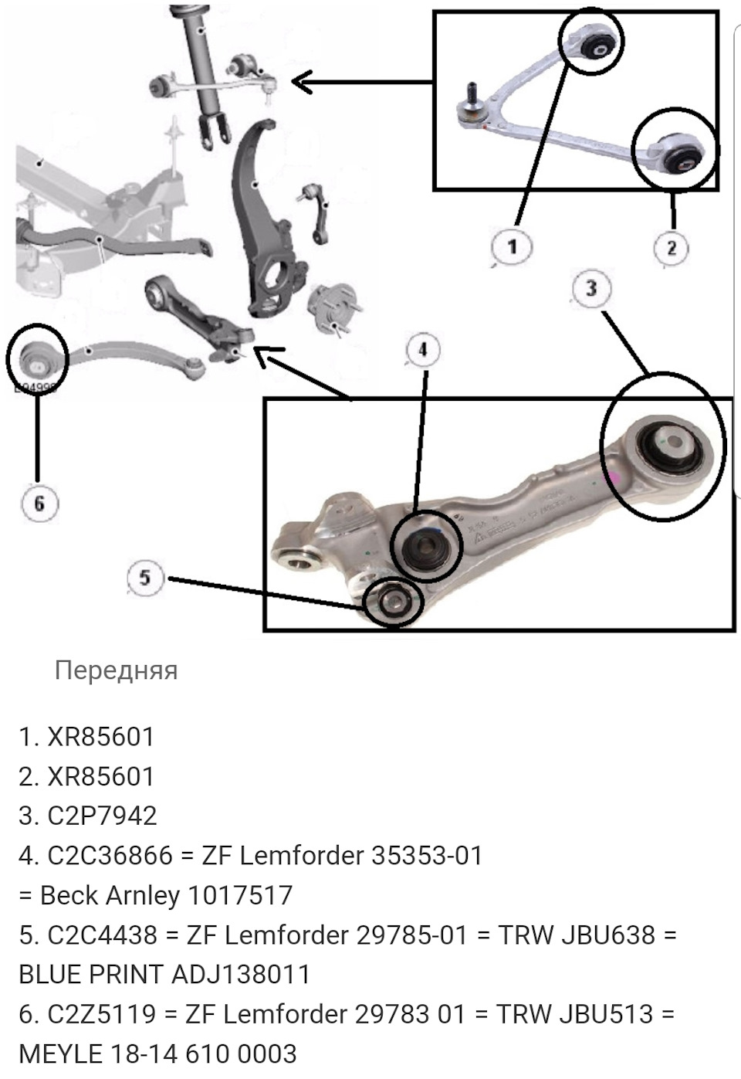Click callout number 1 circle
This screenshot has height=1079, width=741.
click(513, 247)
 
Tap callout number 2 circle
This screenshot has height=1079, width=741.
click(671, 248)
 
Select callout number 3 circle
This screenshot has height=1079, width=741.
click(591, 289)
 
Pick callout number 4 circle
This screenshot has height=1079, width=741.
click(422, 351)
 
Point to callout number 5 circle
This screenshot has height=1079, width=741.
click(146, 577)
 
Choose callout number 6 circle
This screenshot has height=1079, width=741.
click(39, 504)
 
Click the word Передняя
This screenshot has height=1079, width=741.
click(116, 670)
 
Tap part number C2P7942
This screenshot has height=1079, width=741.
click(102, 816)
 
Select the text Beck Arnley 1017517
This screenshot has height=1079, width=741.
click(166, 895)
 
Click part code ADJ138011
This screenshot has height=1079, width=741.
click(240, 974)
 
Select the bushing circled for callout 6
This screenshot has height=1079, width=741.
click(36, 357)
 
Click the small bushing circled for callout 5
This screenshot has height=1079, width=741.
click(394, 602)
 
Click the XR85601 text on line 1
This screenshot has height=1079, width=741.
click(101, 737)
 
